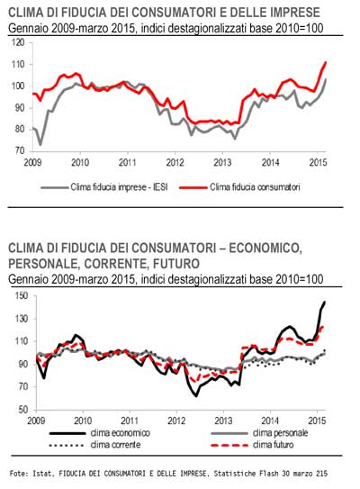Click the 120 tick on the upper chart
[18, 42]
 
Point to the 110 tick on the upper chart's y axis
[18, 64]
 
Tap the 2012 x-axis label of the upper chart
[175, 162]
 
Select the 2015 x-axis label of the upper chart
[319, 162]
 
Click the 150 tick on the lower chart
[22, 295]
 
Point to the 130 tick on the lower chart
[22, 319]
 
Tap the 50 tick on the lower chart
[23, 410]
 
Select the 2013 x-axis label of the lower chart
[223, 421]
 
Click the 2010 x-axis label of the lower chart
[83, 421]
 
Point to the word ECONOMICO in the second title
[265, 249]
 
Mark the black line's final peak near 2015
[325, 302]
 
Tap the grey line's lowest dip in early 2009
[40, 145]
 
